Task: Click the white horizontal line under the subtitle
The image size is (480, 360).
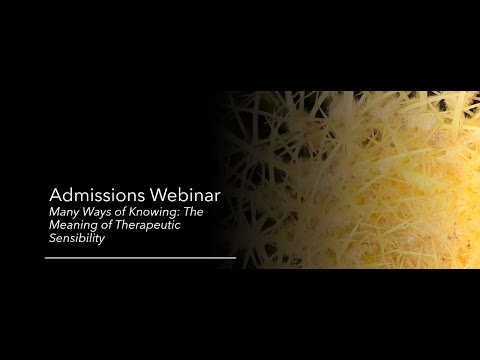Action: (x=140, y=258)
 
